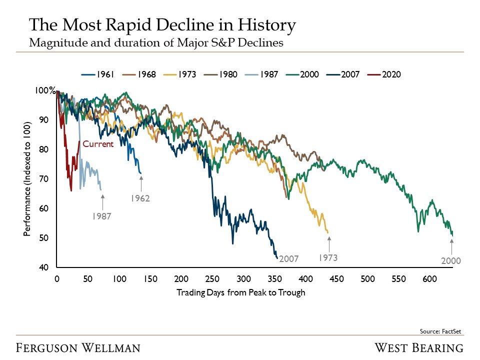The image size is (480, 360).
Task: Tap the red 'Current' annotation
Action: [x=98, y=144]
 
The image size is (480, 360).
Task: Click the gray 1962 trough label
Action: [x=140, y=198]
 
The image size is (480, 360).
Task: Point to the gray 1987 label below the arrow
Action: [x=101, y=216]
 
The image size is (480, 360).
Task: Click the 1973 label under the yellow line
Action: [x=328, y=258]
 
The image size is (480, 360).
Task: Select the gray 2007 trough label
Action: [x=288, y=259]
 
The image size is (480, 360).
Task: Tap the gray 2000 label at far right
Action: [x=450, y=261]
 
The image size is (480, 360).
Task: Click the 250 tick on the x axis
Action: [x=212, y=278]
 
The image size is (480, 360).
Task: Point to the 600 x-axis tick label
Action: [x=429, y=278]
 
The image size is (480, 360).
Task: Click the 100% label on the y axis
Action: [x=45, y=91]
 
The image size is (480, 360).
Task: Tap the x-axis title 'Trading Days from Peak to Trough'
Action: [x=240, y=292]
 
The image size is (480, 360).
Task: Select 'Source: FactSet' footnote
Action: [x=441, y=331]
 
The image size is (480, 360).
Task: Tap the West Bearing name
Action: [x=419, y=347]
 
